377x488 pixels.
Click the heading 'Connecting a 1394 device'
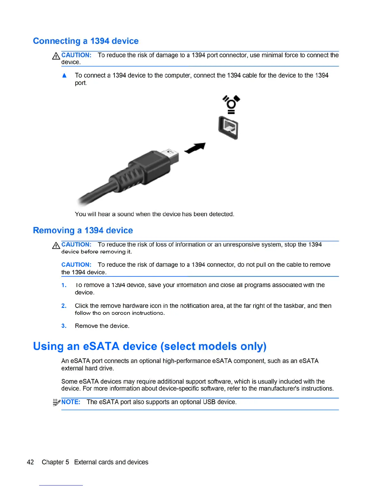(86, 41)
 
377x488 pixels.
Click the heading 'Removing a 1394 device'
(83, 230)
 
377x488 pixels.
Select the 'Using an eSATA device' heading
(149, 346)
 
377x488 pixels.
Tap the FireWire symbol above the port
(231, 104)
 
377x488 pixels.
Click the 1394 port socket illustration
(229, 127)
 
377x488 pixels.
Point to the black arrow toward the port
(195, 148)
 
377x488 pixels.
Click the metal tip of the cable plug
(172, 155)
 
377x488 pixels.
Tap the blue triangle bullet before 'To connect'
(64, 75)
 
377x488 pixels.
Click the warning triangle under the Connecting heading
(56, 56)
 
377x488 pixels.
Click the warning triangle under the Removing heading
(56, 246)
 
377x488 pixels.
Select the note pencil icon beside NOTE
(56, 402)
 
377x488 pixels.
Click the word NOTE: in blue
(71, 402)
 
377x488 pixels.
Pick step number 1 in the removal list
(64, 285)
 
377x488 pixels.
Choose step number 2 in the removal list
(64, 306)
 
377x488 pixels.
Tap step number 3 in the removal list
(64, 326)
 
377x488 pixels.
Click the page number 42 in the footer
(30, 462)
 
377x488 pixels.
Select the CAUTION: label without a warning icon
(76, 265)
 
